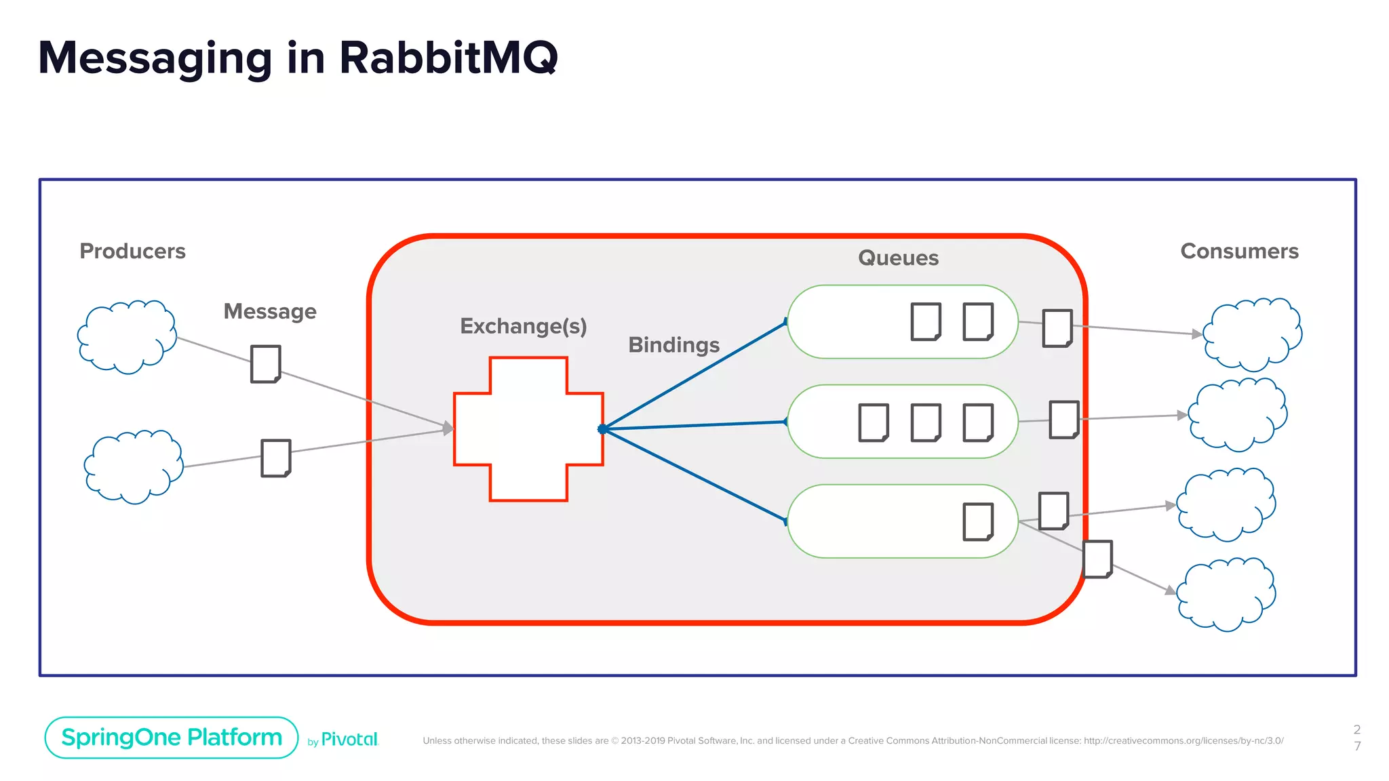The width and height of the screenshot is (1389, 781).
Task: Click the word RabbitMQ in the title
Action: pos(448,58)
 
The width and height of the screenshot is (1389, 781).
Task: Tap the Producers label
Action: pos(132,252)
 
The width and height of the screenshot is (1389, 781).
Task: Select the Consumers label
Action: pos(1239,252)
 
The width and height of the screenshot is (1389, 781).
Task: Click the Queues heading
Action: pos(898,258)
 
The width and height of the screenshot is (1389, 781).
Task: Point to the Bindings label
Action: pos(673,345)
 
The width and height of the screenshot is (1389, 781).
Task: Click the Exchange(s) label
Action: pos(523,326)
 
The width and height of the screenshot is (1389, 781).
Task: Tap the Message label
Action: pos(270,312)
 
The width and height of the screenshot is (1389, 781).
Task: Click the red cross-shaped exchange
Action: pos(528,429)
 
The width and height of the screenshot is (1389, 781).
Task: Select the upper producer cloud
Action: pos(127,337)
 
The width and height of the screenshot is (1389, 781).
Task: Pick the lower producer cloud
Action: pos(134,466)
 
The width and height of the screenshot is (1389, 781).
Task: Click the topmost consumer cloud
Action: pos(1253,334)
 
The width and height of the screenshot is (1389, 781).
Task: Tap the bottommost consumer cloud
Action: pos(1226,595)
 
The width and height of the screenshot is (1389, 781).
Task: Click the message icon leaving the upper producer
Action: pos(266,364)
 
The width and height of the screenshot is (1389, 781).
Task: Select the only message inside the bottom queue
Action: pos(978,522)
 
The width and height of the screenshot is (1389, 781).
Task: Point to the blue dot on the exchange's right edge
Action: pos(602,429)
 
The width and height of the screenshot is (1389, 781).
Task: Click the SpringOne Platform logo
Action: pos(172,738)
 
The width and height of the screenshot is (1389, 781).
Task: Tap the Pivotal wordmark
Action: pos(349,740)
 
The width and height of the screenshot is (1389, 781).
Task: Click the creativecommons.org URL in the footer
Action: pos(1183,741)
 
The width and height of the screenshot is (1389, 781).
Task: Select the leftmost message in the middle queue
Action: pos(874,423)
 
